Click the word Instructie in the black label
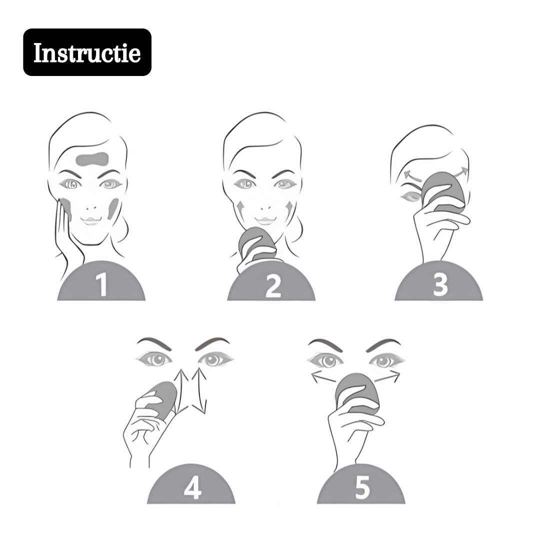(x=87, y=52)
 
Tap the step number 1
(x=101, y=284)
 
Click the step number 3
(x=440, y=284)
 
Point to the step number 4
(x=192, y=488)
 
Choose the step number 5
(x=362, y=487)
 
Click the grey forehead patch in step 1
(x=92, y=159)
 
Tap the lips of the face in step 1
(x=91, y=221)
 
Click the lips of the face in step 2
(x=265, y=221)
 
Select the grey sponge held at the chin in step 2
(x=256, y=244)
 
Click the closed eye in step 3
(x=410, y=197)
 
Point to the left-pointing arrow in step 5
(x=323, y=377)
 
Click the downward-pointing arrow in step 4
(x=199, y=391)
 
